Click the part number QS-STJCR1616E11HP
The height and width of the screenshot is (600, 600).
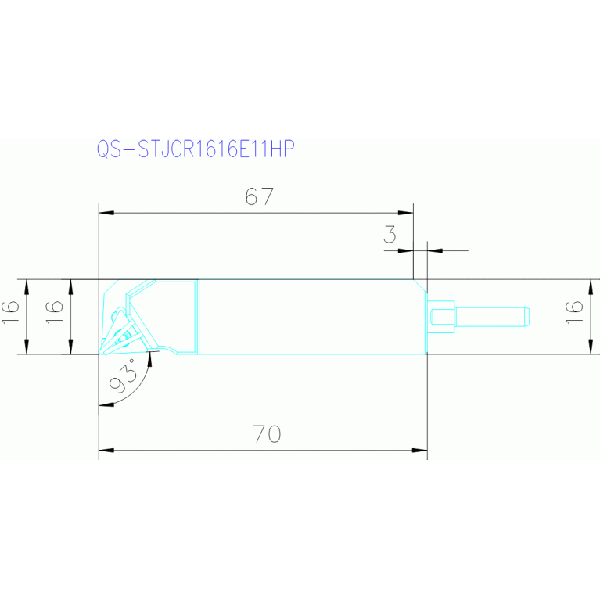click(194, 149)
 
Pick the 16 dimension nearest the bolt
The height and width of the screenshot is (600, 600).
click(575, 315)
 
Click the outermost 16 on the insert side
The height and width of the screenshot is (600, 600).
click(11, 317)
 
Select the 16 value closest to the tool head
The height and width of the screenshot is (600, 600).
click(54, 317)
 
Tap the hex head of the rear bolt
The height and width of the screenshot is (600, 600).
click(443, 317)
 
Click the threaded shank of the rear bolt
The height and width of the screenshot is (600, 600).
click(492, 317)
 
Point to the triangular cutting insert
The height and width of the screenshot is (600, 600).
click(125, 329)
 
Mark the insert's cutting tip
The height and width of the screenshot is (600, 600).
click(101, 353)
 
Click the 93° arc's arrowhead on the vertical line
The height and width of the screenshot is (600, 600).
click(103, 404)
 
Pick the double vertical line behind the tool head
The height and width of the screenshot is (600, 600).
click(199, 317)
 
